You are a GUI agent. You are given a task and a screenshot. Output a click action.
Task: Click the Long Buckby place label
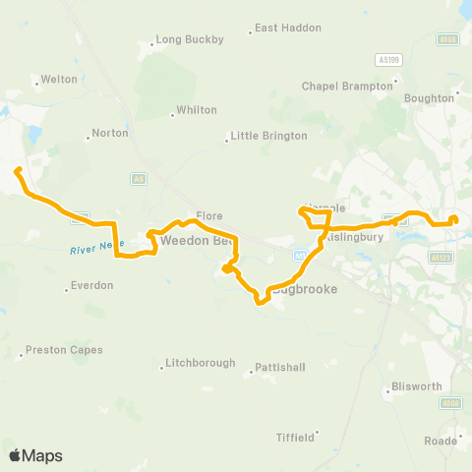coord(190,40)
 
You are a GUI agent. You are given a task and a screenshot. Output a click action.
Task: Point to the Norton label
coord(110,133)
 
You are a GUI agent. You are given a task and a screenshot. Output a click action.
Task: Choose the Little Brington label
coord(268,136)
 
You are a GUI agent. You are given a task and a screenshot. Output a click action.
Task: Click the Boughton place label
coord(432,98)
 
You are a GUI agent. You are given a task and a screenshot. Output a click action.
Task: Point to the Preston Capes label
coord(64,349)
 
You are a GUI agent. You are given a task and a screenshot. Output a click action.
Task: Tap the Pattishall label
coord(283,367)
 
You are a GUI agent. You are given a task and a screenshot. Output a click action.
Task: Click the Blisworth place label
coord(416,386)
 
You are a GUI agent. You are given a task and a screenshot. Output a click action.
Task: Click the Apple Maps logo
coord(35,455)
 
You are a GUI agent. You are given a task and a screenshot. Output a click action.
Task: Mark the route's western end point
coord(18,172)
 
